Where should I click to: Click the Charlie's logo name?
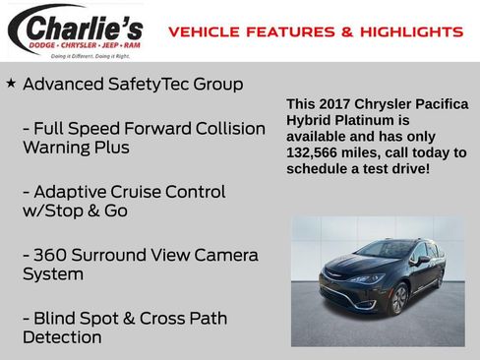click(84, 25)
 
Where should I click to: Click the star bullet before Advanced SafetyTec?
click(11, 84)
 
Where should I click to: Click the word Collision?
click(223, 129)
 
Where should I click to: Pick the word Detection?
click(62, 337)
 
